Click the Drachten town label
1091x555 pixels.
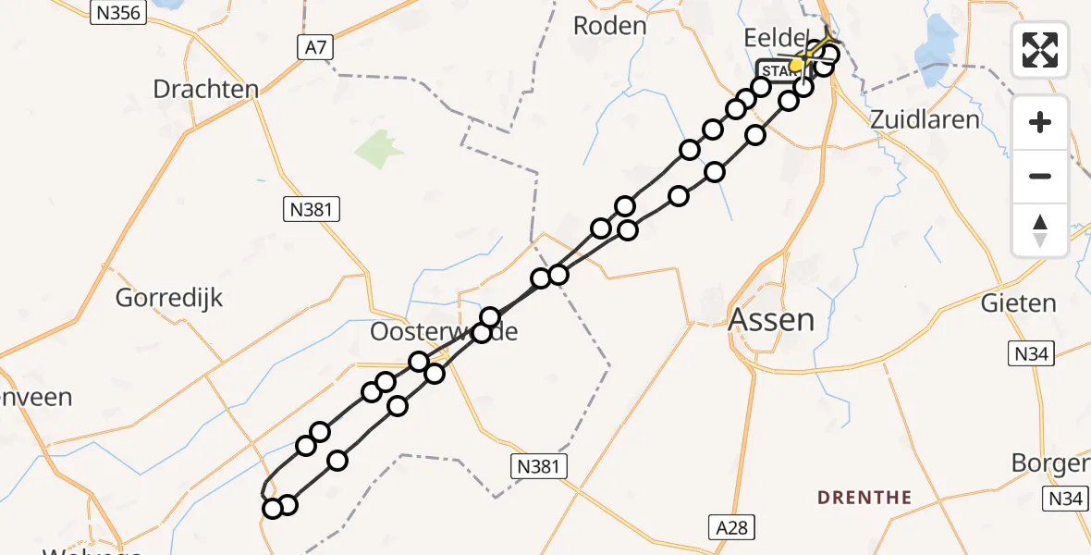point(205,90)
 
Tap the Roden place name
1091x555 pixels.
point(609,25)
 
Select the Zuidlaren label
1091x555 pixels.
point(925,119)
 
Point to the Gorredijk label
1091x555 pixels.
point(169,298)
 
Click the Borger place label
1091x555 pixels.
point(1050,462)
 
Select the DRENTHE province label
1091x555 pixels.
point(864,498)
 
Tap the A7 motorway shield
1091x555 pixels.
point(316,48)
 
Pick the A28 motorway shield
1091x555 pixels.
point(730,527)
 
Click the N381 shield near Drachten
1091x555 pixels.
point(312,209)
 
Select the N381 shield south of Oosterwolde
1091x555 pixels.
point(539,466)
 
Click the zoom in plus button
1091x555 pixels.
point(1040,122)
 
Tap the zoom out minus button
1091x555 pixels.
point(1040,176)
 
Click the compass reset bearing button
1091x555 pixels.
point(1040,229)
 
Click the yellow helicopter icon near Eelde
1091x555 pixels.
point(797,64)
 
